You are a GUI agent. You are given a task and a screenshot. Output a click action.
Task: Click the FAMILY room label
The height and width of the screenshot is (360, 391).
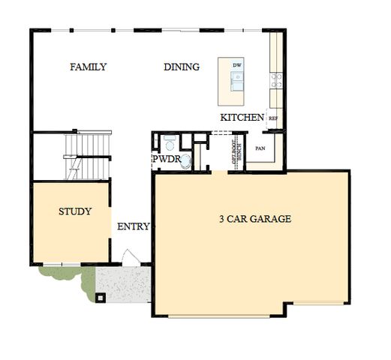pyautogui.click(x=88, y=67)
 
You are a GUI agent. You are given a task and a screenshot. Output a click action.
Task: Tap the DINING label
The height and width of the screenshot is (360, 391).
pyautogui.click(x=182, y=67)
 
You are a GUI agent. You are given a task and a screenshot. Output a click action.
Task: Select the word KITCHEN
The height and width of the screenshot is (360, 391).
pyautogui.click(x=242, y=118)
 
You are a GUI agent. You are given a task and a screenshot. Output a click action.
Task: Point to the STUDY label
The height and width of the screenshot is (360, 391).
pyautogui.click(x=75, y=211)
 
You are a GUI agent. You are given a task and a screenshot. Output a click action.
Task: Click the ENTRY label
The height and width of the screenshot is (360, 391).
pyautogui.click(x=133, y=226)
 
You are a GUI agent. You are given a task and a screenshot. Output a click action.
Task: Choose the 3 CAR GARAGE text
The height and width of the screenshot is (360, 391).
pyautogui.click(x=254, y=220)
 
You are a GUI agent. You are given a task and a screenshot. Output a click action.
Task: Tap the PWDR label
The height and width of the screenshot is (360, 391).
pyautogui.click(x=166, y=160)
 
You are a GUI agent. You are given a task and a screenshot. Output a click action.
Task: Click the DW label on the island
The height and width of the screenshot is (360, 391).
pyautogui.click(x=237, y=66)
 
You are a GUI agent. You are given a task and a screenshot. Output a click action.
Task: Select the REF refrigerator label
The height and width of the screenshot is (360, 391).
pyautogui.click(x=273, y=118)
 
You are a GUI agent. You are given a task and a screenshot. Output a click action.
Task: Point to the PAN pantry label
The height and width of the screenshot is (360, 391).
pyautogui.click(x=260, y=148)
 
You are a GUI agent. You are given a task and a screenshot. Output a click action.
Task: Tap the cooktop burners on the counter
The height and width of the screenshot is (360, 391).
pyautogui.click(x=277, y=79)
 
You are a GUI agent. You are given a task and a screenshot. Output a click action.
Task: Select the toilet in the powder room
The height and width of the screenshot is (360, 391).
pyautogui.click(x=170, y=142)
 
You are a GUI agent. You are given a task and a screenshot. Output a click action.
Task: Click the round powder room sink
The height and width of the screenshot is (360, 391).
pyautogui.click(x=185, y=160)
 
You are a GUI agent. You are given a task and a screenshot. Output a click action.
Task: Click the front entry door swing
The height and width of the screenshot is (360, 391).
pyautogui.click(x=129, y=257)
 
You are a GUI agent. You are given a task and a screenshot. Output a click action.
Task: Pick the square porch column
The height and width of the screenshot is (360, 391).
pyautogui.click(x=100, y=296)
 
